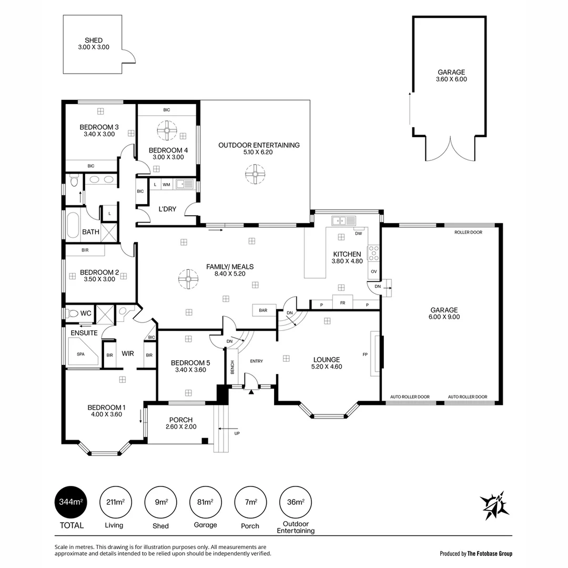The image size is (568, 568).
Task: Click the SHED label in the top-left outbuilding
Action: [94, 40]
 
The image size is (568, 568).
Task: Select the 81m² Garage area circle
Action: [205, 502]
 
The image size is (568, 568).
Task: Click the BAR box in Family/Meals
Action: [263, 311]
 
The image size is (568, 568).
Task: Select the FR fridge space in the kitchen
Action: [342, 303]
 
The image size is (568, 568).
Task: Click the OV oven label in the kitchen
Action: [374, 271]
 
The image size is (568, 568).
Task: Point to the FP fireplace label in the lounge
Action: [365, 354]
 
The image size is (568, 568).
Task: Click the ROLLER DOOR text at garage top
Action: [468, 232]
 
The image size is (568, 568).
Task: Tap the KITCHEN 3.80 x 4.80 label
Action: [347, 257]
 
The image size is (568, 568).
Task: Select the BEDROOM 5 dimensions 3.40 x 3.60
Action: [190, 370]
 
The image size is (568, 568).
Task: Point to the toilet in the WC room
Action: [71, 313]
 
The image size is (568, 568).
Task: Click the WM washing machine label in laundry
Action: [166, 185]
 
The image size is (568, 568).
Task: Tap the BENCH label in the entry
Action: [232, 367]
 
